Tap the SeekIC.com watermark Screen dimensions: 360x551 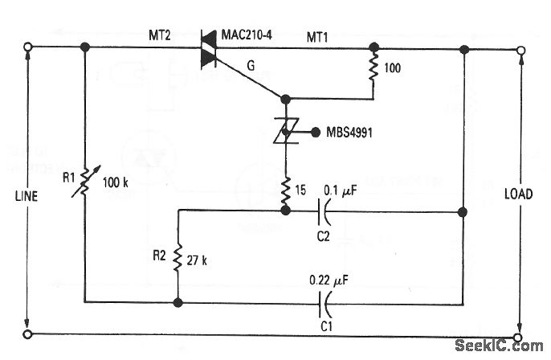click(498, 346)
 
